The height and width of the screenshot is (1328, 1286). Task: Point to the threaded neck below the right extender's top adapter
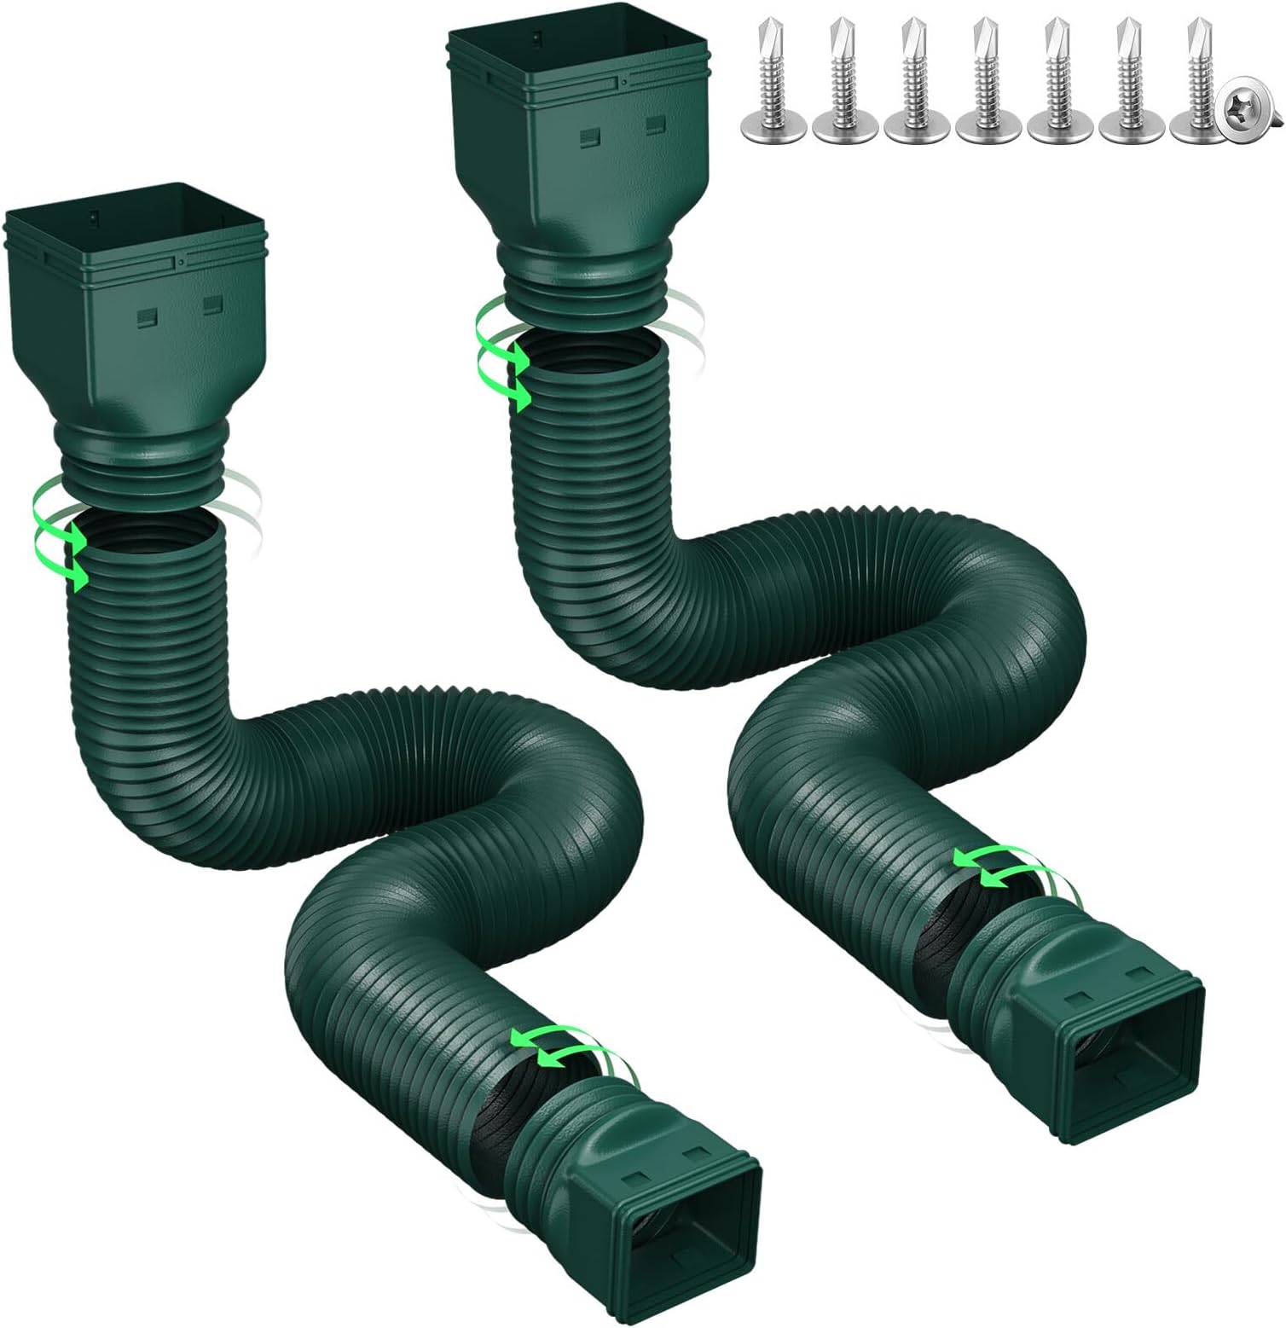coord(588,299)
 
